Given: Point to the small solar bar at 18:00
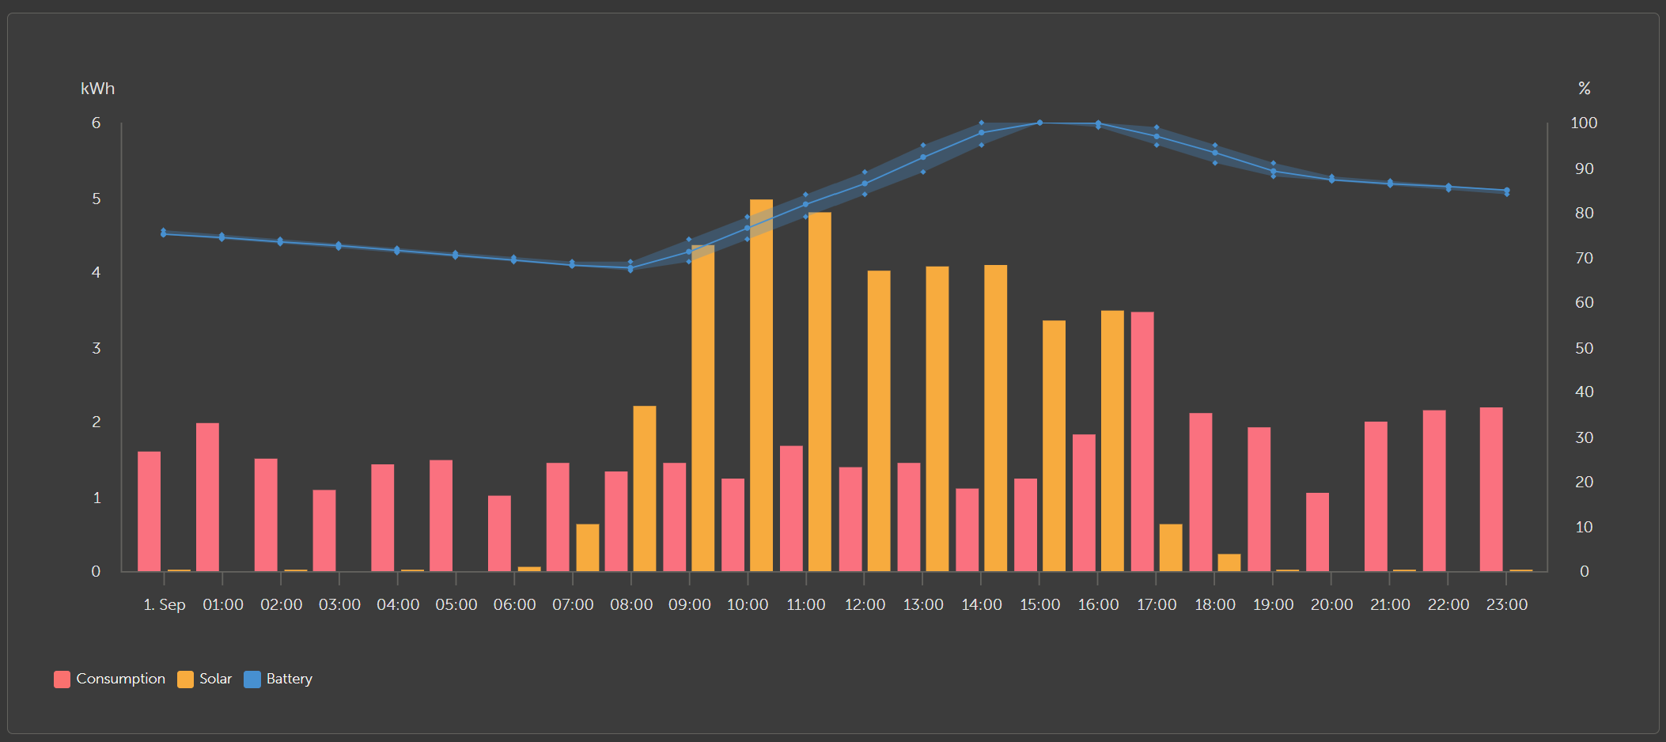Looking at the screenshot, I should [x=1229, y=562].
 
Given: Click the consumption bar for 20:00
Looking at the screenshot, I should [x=1317, y=532].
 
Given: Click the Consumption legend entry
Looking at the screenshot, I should [x=110, y=679].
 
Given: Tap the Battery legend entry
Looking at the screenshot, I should [x=278, y=679].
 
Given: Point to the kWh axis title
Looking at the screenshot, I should [x=97, y=89].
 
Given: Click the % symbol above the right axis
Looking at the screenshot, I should [x=1584, y=89].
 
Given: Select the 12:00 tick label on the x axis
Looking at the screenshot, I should [x=865, y=604].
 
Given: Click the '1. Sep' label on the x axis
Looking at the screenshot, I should [x=165, y=604].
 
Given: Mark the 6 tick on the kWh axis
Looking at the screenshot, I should [x=97, y=123].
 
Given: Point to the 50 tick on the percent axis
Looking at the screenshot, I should [x=1584, y=348].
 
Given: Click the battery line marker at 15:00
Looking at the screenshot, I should [x=1039, y=123].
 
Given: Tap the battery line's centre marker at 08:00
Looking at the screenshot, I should [x=630, y=268].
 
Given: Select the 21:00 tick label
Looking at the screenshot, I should [x=1390, y=604].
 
